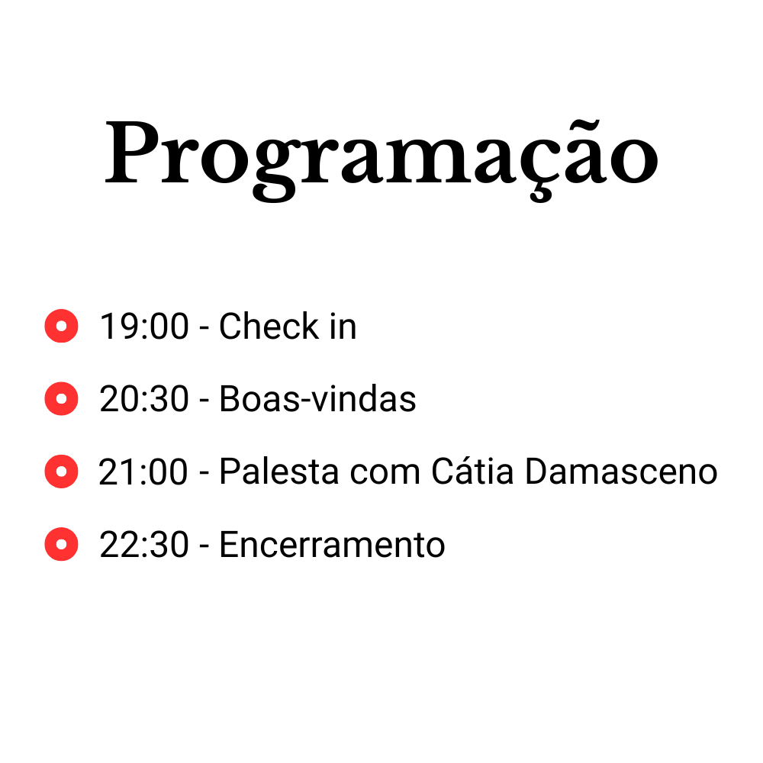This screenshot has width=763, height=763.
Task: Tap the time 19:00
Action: click(144, 326)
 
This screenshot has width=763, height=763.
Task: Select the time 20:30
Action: click(144, 399)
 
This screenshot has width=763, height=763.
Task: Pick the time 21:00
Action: click(143, 472)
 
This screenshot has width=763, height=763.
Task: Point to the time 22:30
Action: click(144, 545)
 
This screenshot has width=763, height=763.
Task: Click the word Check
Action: click(269, 326)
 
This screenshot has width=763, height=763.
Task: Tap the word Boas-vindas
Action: click(317, 399)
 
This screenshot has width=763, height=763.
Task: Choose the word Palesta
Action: click(279, 472)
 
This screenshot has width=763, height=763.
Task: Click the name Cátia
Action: click(472, 471)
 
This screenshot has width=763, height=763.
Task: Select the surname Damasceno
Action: click(621, 472)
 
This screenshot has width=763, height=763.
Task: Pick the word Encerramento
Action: click(333, 545)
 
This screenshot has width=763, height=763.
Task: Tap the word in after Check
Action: click(343, 326)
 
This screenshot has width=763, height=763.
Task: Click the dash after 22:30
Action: click(204, 546)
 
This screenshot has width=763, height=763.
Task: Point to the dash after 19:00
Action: click(204, 328)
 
